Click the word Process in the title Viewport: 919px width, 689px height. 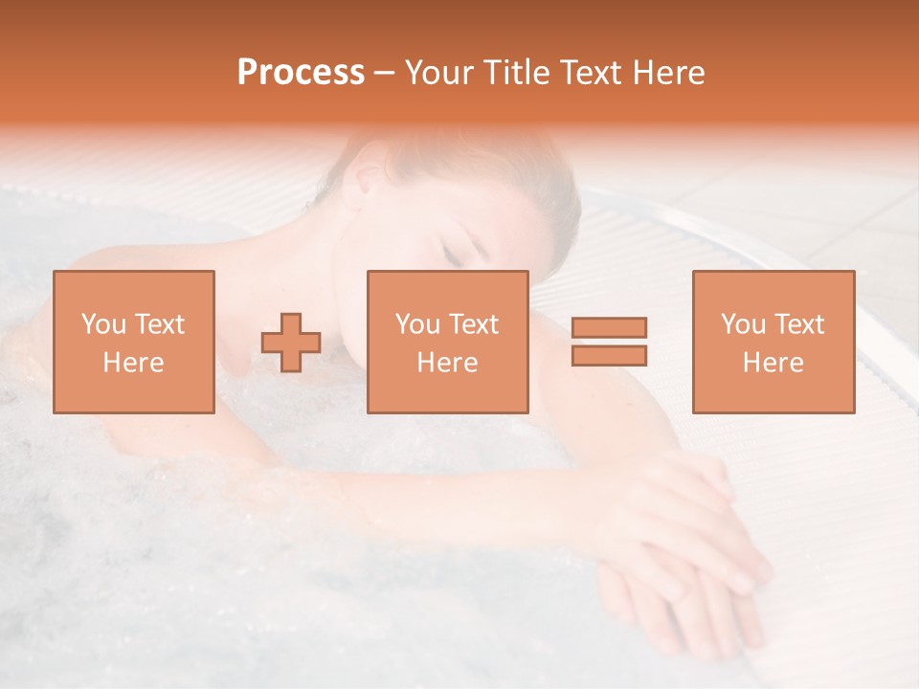click(x=301, y=73)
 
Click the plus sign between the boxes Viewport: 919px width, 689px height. click(x=291, y=343)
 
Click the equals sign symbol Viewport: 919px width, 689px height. click(x=609, y=342)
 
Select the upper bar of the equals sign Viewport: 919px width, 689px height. click(x=609, y=328)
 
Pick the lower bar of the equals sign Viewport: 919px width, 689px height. click(x=609, y=355)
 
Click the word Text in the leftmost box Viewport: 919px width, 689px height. click(x=160, y=324)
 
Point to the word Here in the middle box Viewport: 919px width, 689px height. click(x=448, y=363)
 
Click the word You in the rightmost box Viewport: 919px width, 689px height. click(x=743, y=324)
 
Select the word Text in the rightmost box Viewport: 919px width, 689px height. click(x=799, y=324)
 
